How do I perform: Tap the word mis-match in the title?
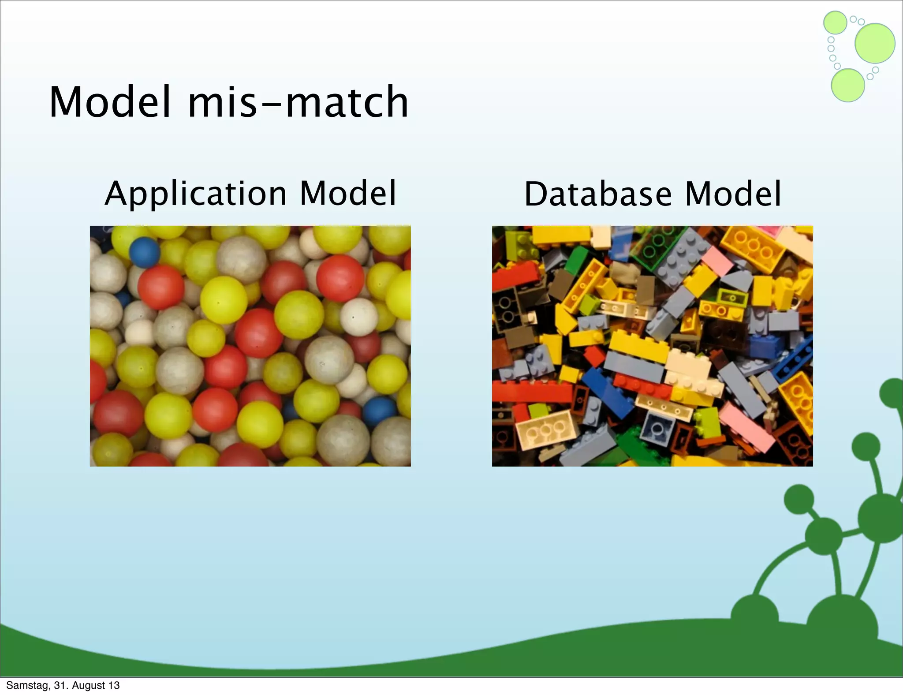coord(298,102)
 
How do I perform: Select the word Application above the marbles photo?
coord(196,194)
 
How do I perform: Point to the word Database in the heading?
coord(598,194)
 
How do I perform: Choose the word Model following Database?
coord(733,194)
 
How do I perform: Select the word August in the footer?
coord(89,685)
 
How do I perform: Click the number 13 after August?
coord(114,685)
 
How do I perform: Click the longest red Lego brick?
coord(531,392)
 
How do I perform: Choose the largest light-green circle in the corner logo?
coord(875,43)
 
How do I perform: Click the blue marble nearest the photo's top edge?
coord(145,253)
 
